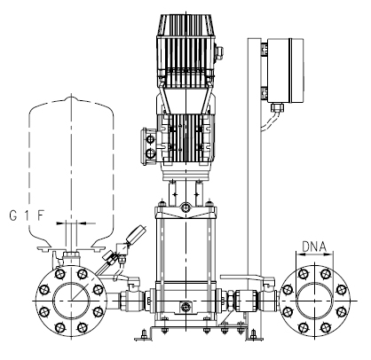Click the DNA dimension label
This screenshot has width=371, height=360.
(x=314, y=247)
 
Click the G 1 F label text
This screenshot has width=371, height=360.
(x=27, y=215)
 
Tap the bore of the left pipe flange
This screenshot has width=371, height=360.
(x=71, y=301)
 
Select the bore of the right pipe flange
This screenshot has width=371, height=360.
(x=314, y=301)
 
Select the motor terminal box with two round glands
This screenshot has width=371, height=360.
(x=150, y=146)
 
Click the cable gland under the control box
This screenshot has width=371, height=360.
(x=277, y=107)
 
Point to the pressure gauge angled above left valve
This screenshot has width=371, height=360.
(x=136, y=234)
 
